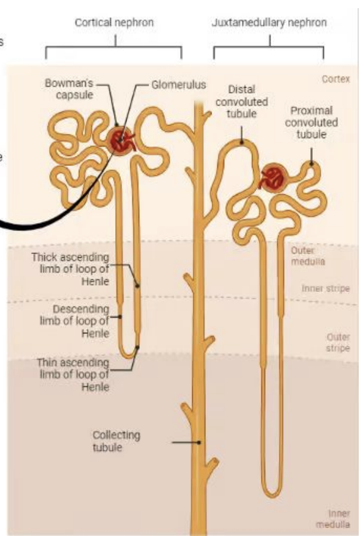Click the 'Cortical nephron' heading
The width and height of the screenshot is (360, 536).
(114, 23)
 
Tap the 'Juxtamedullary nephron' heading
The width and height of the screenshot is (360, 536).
(269, 23)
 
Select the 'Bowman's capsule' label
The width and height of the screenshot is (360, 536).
(69, 89)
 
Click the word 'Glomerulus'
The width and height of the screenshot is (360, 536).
(179, 84)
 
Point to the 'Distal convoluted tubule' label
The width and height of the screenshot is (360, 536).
(242, 101)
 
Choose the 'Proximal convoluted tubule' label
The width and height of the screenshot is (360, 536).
(312, 122)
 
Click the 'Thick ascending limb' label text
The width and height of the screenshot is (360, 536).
(70, 269)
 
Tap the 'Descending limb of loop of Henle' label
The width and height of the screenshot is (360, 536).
(74, 321)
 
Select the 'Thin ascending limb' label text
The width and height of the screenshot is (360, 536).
(73, 375)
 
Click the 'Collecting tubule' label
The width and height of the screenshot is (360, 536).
(116, 441)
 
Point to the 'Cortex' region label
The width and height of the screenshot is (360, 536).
(335, 79)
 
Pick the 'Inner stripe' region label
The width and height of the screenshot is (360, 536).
(326, 289)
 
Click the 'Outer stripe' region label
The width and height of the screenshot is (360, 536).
(338, 342)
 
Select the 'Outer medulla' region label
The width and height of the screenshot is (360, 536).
(308, 256)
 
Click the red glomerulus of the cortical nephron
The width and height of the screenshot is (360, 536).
(120, 141)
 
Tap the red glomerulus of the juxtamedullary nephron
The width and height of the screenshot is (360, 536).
(274, 177)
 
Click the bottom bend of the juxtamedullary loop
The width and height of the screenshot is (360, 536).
(272, 493)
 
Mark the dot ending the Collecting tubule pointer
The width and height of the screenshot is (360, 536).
(199, 442)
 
